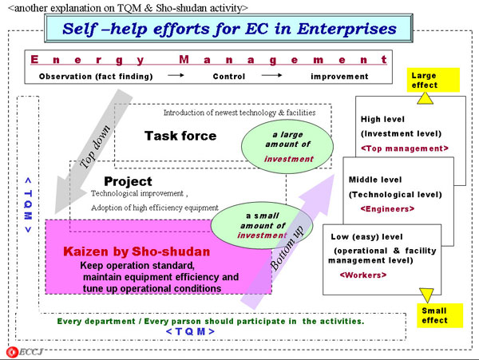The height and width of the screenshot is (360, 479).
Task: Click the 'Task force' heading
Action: coord(180,136)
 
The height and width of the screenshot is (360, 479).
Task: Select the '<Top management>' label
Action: coord(405,148)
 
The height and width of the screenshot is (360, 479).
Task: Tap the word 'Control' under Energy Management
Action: coord(228,77)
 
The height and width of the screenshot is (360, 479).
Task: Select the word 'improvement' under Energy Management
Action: coord(339,77)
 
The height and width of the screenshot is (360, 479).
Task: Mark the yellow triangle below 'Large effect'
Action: coord(426,98)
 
